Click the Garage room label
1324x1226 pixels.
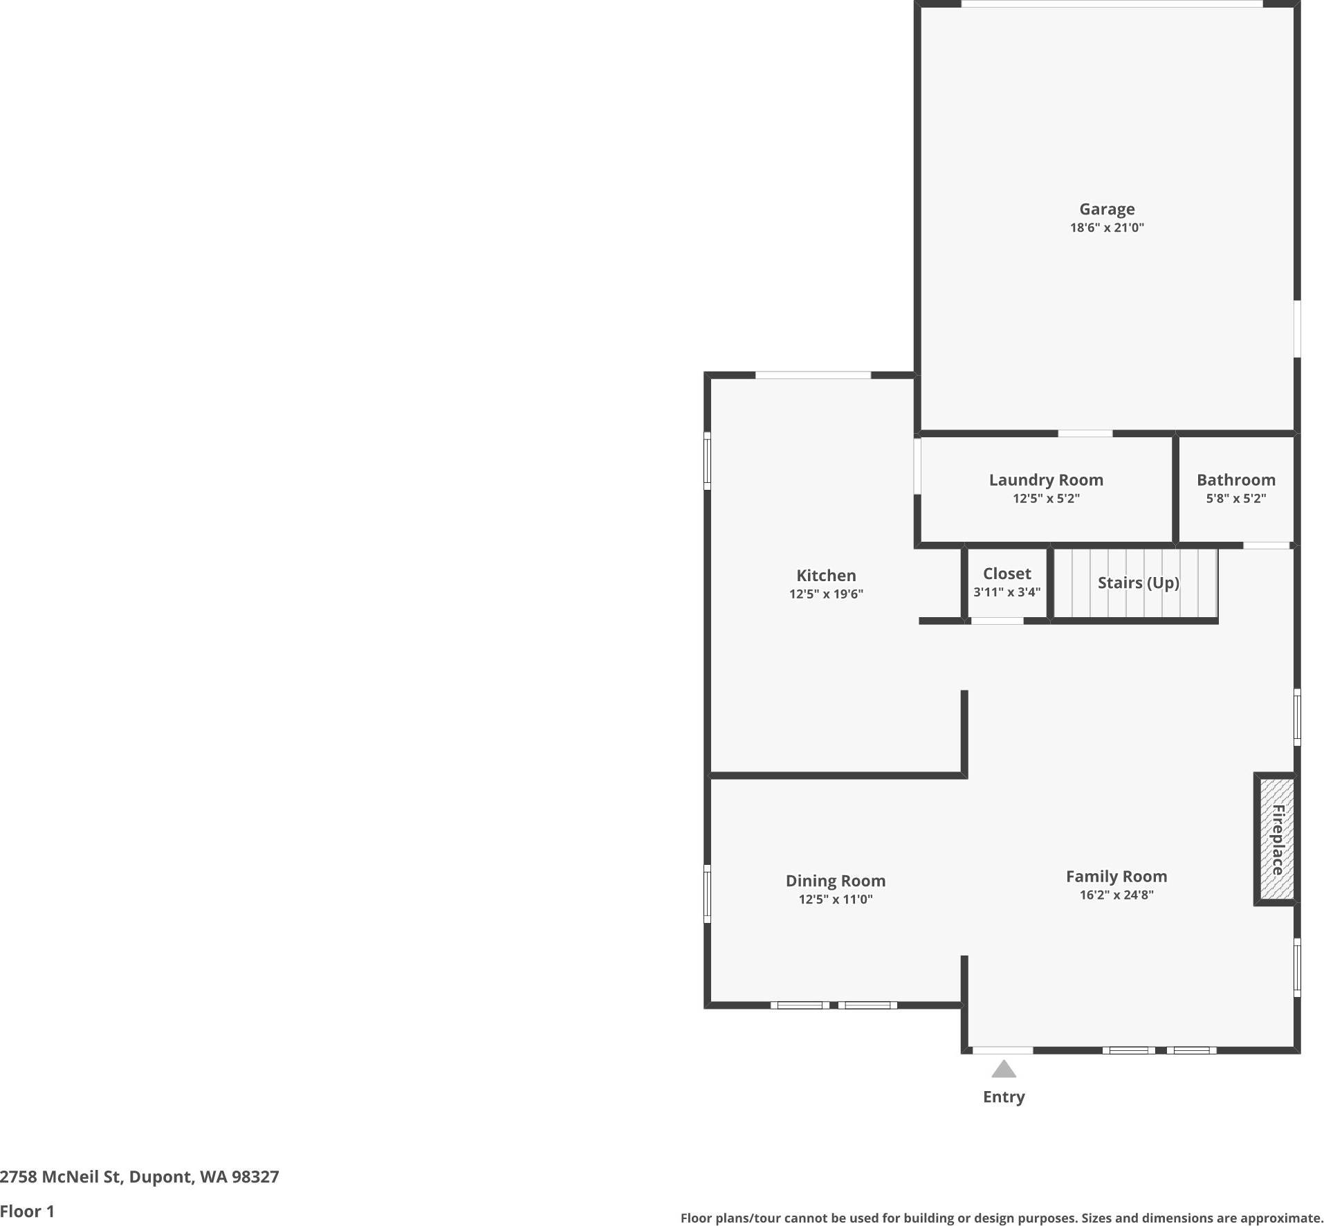[1106, 209]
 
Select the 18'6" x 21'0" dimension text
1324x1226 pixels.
[1106, 228]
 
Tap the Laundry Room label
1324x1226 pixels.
[1045, 479]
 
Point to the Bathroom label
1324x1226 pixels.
[1235, 479]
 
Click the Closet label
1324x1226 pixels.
[1006, 574]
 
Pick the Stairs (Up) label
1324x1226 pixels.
[1138, 583]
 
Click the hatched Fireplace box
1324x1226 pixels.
[1276, 839]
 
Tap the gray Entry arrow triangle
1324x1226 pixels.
[1003, 1070]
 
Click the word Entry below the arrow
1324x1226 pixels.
[1003, 1097]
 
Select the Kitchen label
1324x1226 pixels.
[825, 575]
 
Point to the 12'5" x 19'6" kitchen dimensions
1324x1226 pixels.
[825, 594]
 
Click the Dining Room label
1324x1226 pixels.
[835, 881]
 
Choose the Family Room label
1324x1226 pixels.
[1116, 877]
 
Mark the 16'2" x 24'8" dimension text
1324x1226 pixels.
[1116, 895]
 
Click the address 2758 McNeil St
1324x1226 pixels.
[139, 1177]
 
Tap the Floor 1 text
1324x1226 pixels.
[27, 1211]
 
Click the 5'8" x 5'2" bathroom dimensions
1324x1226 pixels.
[1235, 498]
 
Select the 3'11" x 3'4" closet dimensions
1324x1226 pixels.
[1006, 592]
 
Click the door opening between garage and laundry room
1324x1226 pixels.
[1085, 434]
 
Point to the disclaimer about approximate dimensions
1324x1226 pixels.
[1001, 1218]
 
